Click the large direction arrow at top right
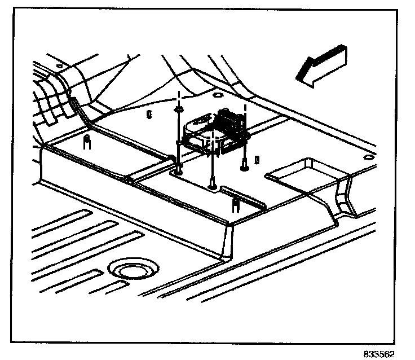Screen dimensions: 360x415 point(319,67)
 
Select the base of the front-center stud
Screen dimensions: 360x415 point(213,185)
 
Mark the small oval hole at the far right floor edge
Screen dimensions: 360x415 point(368,156)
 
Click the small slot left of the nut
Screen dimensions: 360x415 point(148,115)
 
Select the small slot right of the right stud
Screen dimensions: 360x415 point(257,160)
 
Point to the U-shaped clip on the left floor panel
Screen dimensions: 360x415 point(87,141)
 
